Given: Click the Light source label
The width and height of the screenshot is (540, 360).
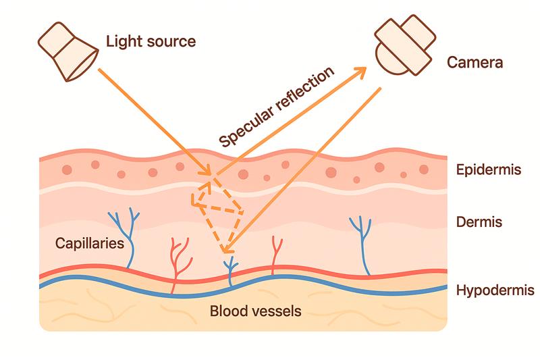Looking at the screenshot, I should (x=151, y=41).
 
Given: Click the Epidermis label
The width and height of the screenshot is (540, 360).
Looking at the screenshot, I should (x=488, y=169).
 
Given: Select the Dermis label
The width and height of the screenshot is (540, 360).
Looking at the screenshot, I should (x=479, y=222).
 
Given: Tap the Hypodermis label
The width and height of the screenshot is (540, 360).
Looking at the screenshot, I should (x=495, y=290).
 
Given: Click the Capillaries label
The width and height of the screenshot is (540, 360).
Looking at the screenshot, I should (x=89, y=242).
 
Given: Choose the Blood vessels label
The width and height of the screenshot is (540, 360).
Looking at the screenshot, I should (x=255, y=311).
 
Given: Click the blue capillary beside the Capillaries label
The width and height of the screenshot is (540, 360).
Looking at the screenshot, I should (x=126, y=236).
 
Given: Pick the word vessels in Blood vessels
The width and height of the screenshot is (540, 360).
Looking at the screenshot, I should (x=276, y=311).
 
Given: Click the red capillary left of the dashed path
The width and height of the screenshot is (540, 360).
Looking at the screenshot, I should (x=180, y=260).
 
